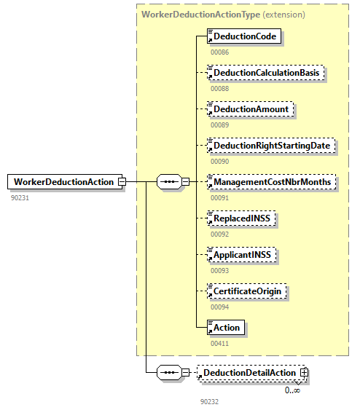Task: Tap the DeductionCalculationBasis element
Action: (x=265, y=73)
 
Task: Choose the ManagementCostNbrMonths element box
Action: (x=272, y=181)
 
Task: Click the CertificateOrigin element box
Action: (x=248, y=291)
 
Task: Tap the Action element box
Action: (x=226, y=328)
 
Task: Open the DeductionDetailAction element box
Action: (x=249, y=373)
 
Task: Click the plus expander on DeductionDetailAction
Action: (x=305, y=373)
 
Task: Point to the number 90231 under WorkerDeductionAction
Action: (x=20, y=197)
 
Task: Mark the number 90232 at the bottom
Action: (x=210, y=401)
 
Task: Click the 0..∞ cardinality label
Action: (x=292, y=390)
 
